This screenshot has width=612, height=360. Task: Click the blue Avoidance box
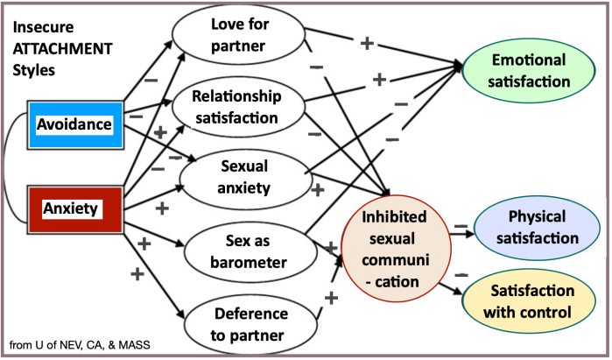point(74,124)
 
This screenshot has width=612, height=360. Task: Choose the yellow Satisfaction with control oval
point(533,300)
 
